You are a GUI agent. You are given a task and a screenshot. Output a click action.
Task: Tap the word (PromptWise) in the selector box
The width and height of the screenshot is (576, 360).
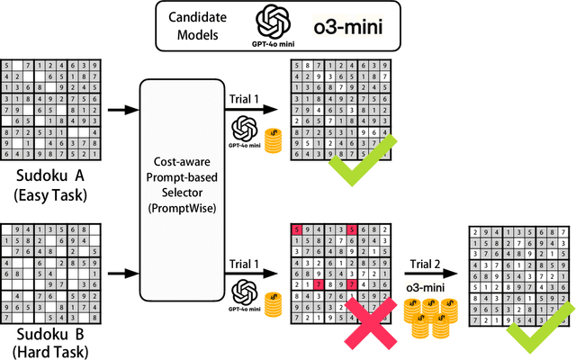tap(188, 210)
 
